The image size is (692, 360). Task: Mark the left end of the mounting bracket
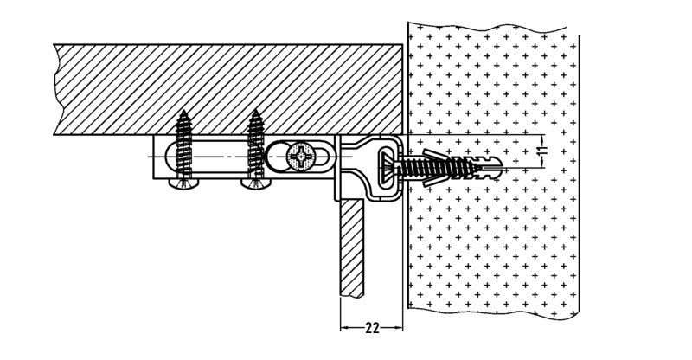157,157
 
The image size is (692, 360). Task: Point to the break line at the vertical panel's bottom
349,295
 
